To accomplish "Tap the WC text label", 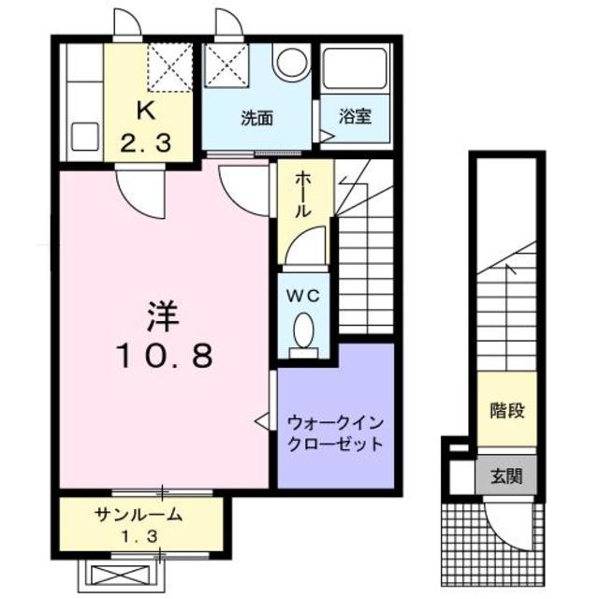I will coord(303,296).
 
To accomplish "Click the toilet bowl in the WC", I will coord(303,330).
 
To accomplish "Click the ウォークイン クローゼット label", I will coord(335,431).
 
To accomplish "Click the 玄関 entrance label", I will coord(505,475).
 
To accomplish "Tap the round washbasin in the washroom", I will coord(291,63).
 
